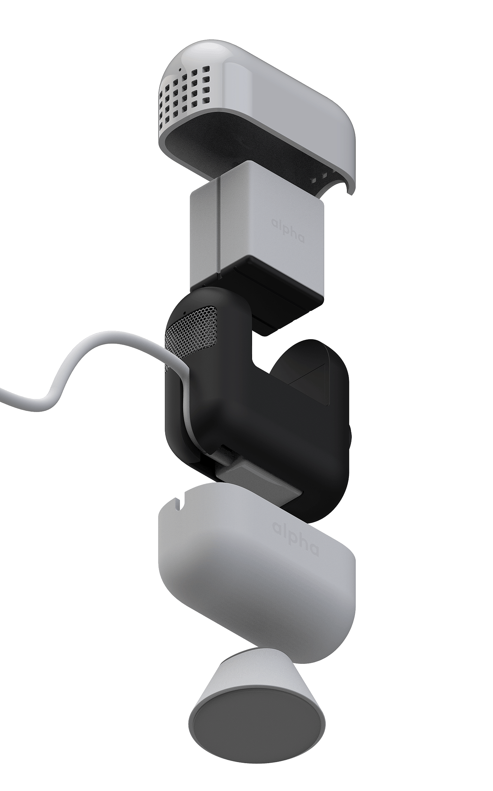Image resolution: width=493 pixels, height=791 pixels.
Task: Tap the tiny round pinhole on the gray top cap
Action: (180, 69)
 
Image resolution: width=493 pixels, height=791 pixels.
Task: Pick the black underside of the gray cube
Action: (271, 285)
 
